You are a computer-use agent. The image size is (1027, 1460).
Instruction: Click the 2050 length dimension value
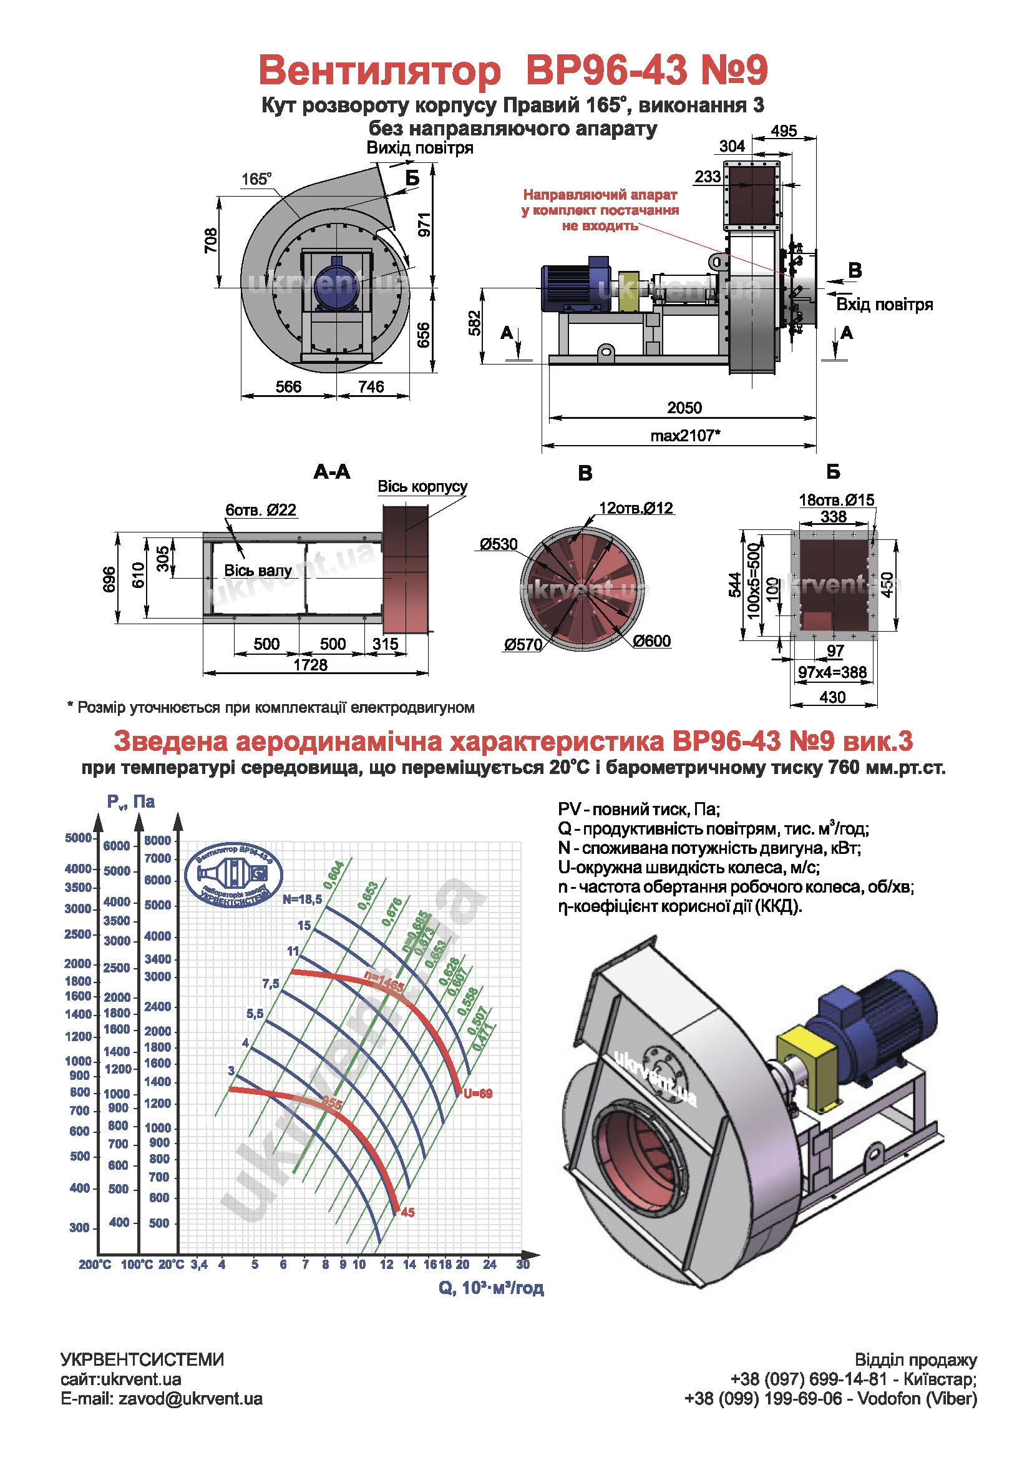[684, 408]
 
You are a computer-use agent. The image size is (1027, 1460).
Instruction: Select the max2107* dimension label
[685, 436]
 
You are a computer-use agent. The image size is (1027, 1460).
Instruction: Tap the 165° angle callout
[256, 179]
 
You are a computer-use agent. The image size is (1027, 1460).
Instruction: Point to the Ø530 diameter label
[499, 544]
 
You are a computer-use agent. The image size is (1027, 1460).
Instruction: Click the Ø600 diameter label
[651, 641]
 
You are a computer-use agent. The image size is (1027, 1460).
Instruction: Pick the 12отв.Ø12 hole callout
[636, 508]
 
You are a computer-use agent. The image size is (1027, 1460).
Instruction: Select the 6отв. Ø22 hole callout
[261, 510]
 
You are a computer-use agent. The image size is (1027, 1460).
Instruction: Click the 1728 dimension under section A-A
[310, 665]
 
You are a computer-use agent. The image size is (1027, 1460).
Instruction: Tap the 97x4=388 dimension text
[832, 672]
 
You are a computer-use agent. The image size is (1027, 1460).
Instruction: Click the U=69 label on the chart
[477, 1094]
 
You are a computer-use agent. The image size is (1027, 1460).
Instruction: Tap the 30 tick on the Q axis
[522, 1264]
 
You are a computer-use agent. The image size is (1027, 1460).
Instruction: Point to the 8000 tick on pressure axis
[157, 841]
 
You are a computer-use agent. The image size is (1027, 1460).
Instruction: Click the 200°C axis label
[95, 1265]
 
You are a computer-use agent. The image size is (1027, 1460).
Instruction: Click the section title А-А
[332, 472]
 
